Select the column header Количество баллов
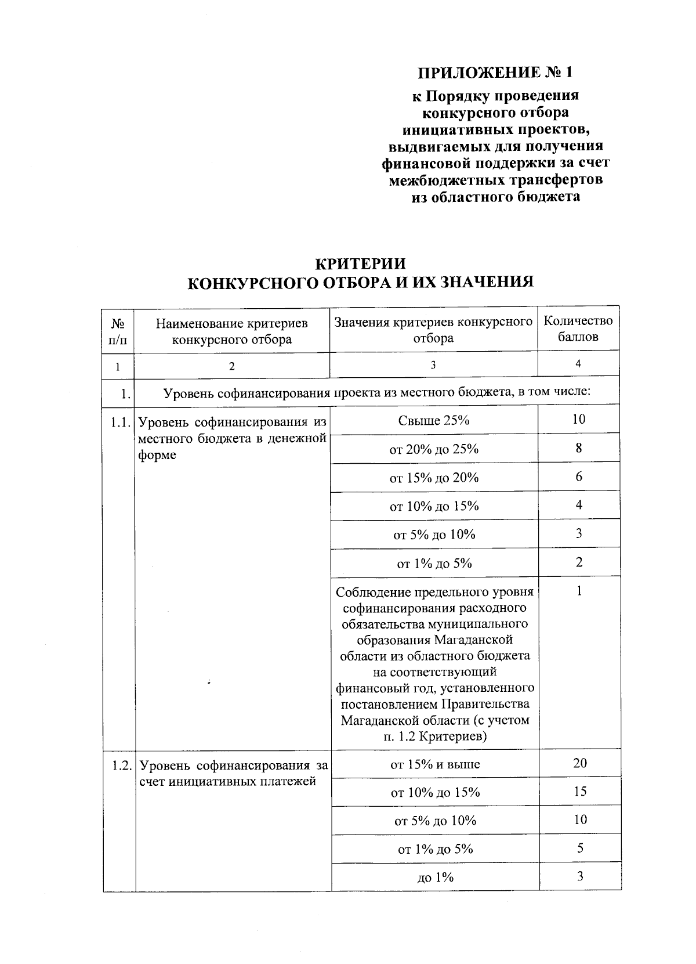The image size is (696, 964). (x=578, y=328)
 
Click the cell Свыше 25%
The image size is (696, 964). (x=434, y=420)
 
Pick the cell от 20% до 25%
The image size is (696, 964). (x=434, y=449)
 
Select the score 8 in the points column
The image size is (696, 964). (x=579, y=448)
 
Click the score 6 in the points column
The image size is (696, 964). (x=579, y=476)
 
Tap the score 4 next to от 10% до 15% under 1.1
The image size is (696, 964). (x=579, y=505)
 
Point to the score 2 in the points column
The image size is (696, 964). (x=579, y=562)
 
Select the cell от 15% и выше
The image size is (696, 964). (x=435, y=764)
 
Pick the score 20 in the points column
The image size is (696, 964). (x=580, y=763)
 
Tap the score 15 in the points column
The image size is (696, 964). (x=580, y=792)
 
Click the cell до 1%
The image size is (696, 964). (x=436, y=878)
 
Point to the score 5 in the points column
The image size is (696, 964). (x=580, y=849)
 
